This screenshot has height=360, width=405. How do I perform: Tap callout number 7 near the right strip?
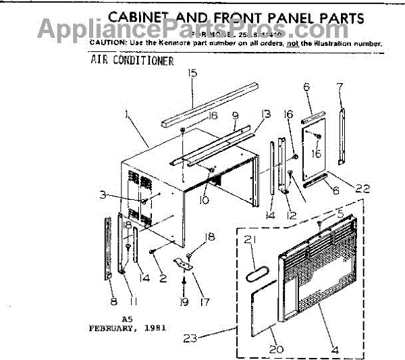pyautogui.click(x=340, y=86)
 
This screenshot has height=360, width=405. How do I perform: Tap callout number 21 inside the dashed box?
pyautogui.click(x=252, y=239)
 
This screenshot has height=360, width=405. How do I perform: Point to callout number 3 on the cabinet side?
pyautogui.click(x=103, y=195)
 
